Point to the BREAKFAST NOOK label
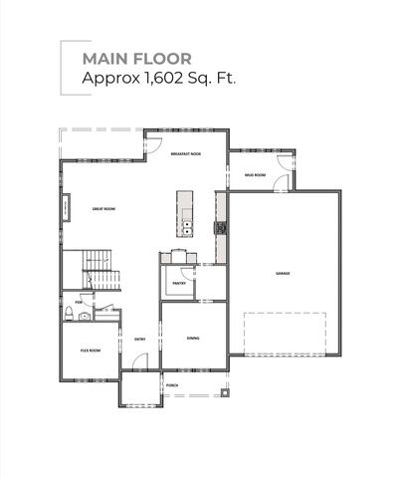(185, 154)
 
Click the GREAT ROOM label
(106, 209)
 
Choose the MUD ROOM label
(255, 175)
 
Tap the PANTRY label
(179, 284)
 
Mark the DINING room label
(193, 338)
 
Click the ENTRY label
(140, 340)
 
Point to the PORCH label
(172, 385)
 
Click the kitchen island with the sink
(185, 213)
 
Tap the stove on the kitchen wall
(221, 228)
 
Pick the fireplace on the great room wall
(67, 209)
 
